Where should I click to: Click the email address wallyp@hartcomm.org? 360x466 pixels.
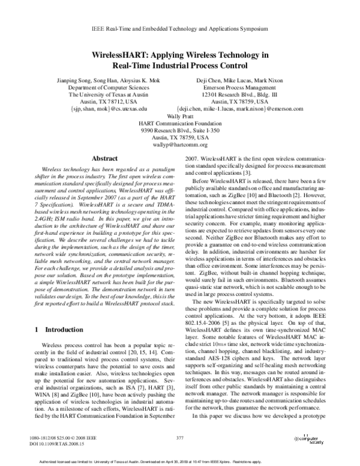(180, 145)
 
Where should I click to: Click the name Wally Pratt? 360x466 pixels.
(180, 116)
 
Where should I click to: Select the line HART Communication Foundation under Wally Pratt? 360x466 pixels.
(180, 123)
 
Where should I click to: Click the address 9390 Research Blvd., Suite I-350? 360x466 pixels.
(180, 130)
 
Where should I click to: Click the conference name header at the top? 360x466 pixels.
(179, 29)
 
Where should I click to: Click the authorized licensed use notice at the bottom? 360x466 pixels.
(179, 461)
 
